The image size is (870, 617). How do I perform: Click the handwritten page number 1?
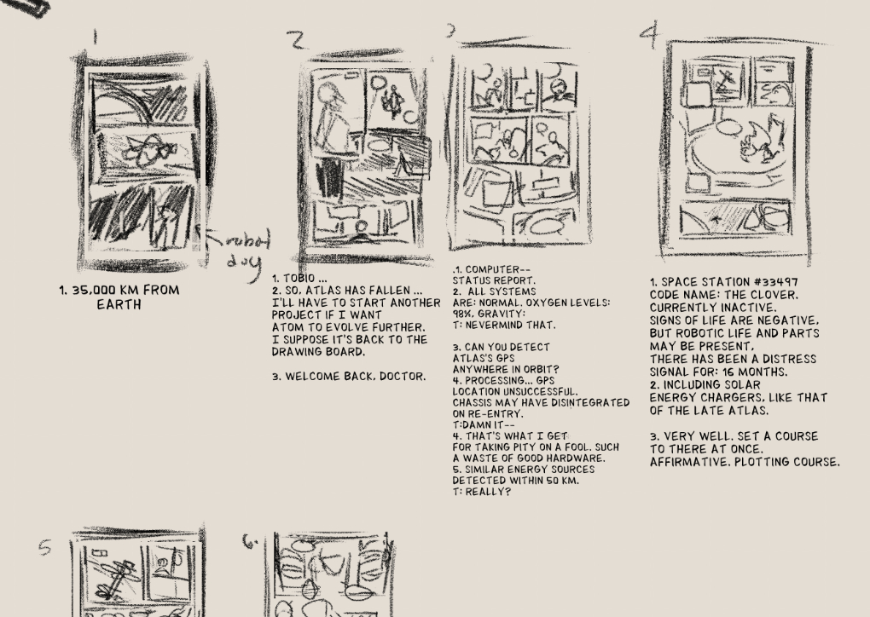(x=95, y=37)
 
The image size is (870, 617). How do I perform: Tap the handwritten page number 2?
(x=298, y=40)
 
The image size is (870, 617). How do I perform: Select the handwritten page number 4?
(x=650, y=34)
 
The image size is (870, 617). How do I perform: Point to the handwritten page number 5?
(x=45, y=548)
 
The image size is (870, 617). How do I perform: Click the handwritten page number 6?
(x=250, y=541)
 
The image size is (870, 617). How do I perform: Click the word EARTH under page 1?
(x=119, y=304)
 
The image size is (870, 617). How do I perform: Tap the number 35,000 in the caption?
(x=93, y=290)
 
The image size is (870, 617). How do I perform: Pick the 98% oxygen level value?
(x=461, y=314)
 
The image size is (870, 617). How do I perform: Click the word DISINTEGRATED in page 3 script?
(x=589, y=403)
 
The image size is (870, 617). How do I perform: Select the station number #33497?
(x=774, y=282)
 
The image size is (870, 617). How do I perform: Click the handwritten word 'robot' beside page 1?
(x=239, y=240)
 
